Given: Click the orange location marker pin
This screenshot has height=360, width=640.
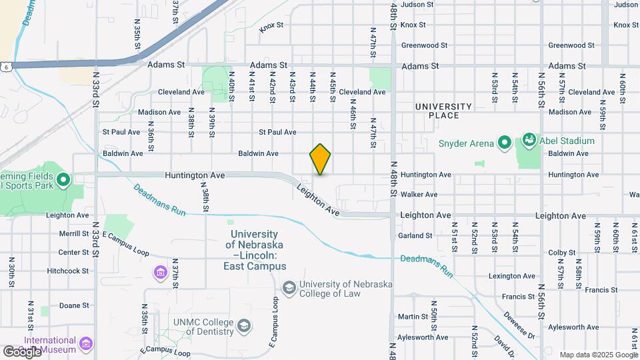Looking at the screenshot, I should click(x=320, y=159).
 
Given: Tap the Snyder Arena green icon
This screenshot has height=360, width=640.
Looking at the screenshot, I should click(x=505, y=143).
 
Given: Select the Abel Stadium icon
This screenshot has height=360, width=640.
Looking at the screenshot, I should click(x=530, y=140).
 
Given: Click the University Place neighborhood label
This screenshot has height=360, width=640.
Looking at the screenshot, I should click(x=443, y=111).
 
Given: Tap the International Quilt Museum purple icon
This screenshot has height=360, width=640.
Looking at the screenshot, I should click(x=85, y=343).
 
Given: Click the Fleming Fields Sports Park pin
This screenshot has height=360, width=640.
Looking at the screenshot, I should click(x=63, y=179).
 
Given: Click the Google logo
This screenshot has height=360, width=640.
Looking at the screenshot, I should click(x=22, y=351).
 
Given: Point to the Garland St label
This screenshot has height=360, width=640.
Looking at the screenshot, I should click(x=415, y=235).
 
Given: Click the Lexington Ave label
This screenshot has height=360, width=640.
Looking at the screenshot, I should click(x=512, y=275).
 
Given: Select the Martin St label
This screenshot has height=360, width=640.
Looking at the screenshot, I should click(x=413, y=317).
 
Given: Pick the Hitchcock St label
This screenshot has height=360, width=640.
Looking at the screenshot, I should click(x=68, y=271).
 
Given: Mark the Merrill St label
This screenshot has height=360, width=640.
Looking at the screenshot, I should click(x=73, y=234).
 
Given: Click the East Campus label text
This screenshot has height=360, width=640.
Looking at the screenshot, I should click(x=255, y=266).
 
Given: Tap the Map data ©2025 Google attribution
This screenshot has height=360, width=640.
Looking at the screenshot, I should click(x=597, y=355).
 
